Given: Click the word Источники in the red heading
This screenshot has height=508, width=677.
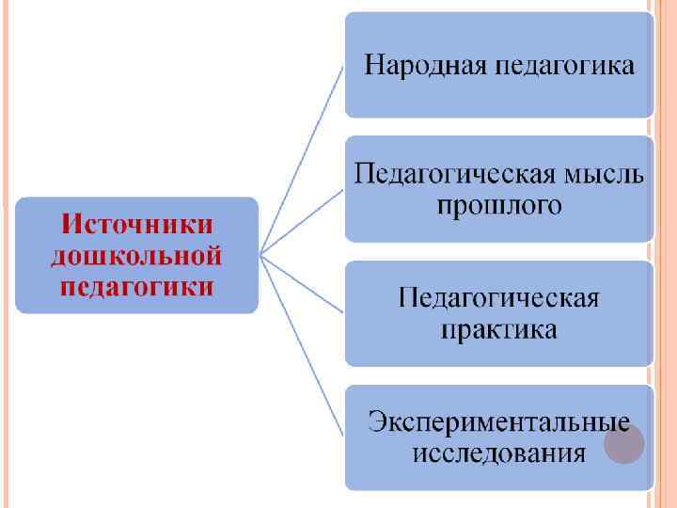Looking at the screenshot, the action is coord(136,226).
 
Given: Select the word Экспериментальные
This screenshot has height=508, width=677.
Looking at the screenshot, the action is coord(499,421).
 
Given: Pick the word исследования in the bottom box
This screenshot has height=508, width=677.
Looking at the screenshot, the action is coord(499,453).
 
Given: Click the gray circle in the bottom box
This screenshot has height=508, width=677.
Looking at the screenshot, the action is coord(623,442).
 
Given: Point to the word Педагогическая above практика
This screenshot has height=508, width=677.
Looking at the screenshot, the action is coord(499,299).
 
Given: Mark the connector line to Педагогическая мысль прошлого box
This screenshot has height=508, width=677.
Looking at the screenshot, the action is coord(303,221).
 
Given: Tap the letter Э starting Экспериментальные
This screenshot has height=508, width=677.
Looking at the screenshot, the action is coord(376,421).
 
